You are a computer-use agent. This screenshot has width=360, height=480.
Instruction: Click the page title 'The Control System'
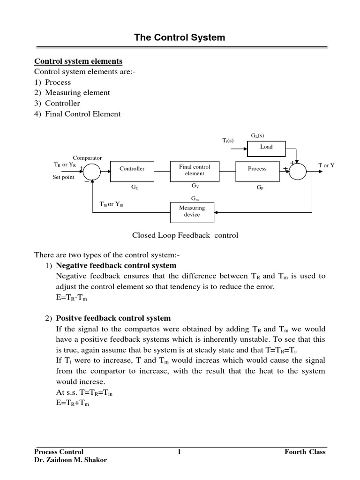180,37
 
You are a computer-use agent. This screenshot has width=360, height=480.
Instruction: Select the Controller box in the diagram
132,169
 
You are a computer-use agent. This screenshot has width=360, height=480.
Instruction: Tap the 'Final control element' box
195,170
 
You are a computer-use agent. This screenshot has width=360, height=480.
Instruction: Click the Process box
257,169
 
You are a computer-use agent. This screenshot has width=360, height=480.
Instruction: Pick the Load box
266,147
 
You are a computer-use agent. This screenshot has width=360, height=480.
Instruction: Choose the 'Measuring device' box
192,211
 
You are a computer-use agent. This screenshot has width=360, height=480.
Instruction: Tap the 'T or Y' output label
326,166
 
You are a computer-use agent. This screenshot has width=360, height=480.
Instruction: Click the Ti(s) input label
228,141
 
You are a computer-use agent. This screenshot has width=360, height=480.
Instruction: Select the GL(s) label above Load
257,135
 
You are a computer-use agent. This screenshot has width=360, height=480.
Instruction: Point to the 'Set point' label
63,178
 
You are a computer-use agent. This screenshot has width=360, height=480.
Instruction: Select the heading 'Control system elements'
78,61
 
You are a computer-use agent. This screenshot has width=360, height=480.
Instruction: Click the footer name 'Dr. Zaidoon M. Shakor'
70,460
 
